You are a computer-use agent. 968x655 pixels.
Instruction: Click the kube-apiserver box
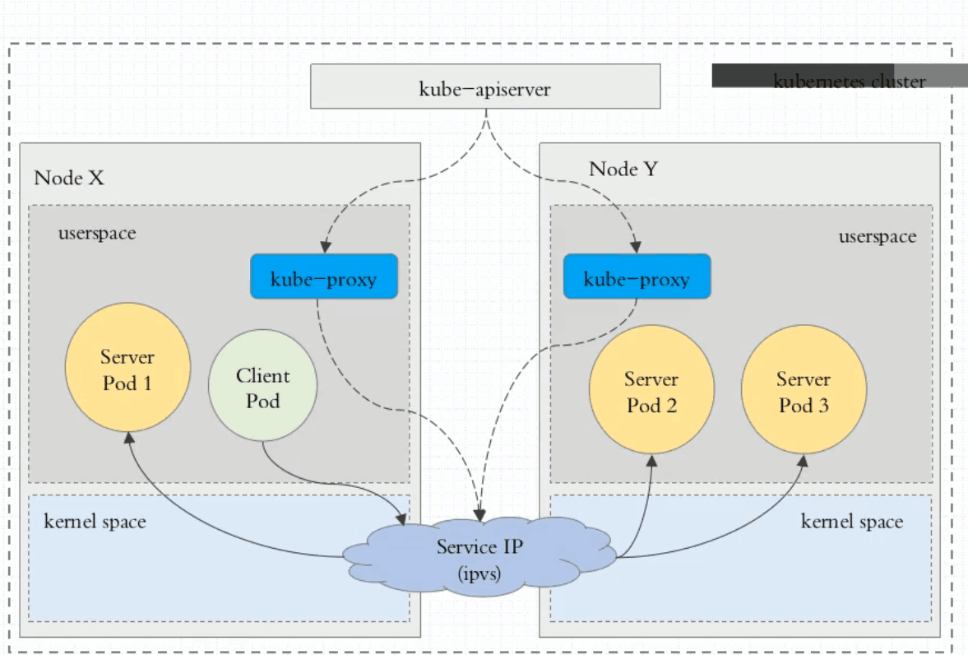point(484,87)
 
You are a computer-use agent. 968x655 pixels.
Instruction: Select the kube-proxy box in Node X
point(323,277)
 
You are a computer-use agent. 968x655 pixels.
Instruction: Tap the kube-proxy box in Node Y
point(637,277)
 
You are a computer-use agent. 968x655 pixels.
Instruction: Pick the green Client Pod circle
point(262,388)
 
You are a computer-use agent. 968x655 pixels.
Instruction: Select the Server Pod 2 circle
point(651,391)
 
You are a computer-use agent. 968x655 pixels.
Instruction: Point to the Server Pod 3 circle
point(804,391)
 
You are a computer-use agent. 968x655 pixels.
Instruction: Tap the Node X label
point(69,178)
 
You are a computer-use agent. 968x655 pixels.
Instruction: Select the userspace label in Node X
point(96,233)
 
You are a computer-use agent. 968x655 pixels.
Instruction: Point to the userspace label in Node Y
point(877,237)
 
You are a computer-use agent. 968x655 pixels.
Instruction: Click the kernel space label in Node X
point(95,521)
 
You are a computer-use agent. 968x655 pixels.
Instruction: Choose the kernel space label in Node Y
point(851,521)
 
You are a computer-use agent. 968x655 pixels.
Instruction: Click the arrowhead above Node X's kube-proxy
point(326,247)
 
